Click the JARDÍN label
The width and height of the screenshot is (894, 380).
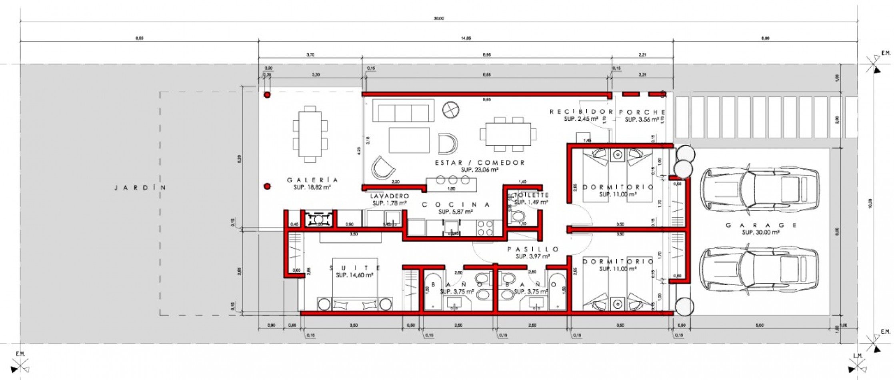point(140,188)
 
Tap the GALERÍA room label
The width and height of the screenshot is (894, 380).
point(312,180)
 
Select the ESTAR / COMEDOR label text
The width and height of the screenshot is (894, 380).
point(480,162)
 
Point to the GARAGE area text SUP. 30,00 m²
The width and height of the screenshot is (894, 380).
point(760,232)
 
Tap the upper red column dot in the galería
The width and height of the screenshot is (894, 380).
point(267,95)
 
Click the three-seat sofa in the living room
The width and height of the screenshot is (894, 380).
point(403,111)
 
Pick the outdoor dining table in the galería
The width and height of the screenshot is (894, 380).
point(310,134)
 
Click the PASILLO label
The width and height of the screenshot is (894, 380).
point(533,249)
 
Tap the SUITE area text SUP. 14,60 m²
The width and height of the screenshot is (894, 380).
point(354,275)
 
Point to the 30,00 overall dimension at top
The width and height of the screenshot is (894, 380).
point(439,18)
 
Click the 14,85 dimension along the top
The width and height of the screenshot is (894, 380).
point(466,38)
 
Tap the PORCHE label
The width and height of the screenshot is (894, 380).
point(642,112)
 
